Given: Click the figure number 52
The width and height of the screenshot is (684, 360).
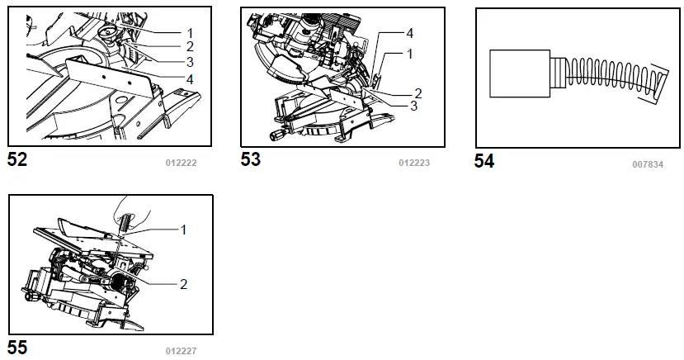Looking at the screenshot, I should tap(17, 159).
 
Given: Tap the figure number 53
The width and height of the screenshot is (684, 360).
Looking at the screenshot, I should tap(251, 159).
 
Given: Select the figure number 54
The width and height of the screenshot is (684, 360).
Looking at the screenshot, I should tap(484, 162).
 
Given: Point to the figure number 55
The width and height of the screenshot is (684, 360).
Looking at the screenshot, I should tap(17, 348).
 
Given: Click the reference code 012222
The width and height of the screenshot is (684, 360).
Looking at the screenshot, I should tap(182, 163).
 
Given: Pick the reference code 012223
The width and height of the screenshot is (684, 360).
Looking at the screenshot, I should tap(414, 163).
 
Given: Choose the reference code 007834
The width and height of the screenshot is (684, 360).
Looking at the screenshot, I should tap(648, 164).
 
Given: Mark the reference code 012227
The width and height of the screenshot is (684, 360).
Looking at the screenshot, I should tap(182, 351).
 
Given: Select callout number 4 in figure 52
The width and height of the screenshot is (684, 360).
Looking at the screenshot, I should tap(190, 79).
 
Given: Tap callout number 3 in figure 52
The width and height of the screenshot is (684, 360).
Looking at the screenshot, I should tap(190, 62).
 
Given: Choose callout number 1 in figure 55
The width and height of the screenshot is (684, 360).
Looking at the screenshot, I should tap(183, 230).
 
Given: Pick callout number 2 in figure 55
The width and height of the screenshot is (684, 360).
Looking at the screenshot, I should tap(183, 283).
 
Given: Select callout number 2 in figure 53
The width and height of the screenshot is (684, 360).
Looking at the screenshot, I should tap(417, 92).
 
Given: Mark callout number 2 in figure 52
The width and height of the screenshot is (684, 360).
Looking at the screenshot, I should tap(190, 46).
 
